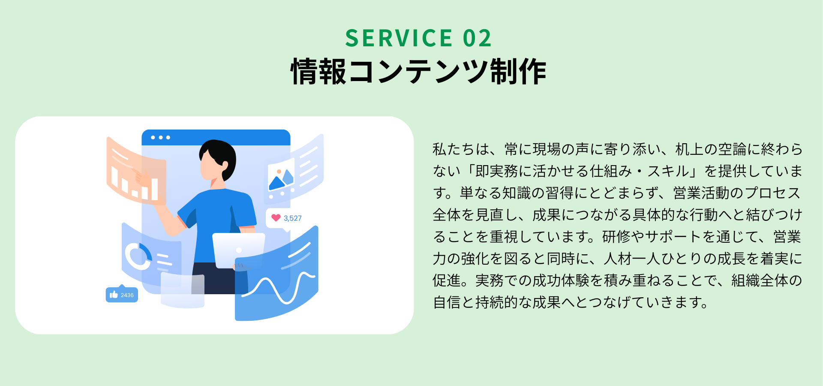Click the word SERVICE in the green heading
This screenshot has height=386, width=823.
click(x=399, y=38)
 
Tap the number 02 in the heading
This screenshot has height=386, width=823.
click(x=477, y=38)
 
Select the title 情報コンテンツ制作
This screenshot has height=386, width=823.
click(x=418, y=71)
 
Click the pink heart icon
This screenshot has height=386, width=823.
click(x=276, y=217)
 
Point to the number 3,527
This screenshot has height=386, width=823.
click(x=293, y=218)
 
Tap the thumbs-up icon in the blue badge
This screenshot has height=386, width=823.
click(x=114, y=295)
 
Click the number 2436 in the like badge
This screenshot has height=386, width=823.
click(x=127, y=295)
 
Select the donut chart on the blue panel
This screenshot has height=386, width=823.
click(x=138, y=256)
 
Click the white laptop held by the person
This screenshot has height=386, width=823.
click(x=238, y=250)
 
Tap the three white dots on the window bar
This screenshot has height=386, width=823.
click(x=160, y=138)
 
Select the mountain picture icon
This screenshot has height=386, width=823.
click(x=281, y=175)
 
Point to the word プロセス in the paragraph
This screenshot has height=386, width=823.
click(x=773, y=193)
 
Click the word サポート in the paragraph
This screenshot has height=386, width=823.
click(x=673, y=237)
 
